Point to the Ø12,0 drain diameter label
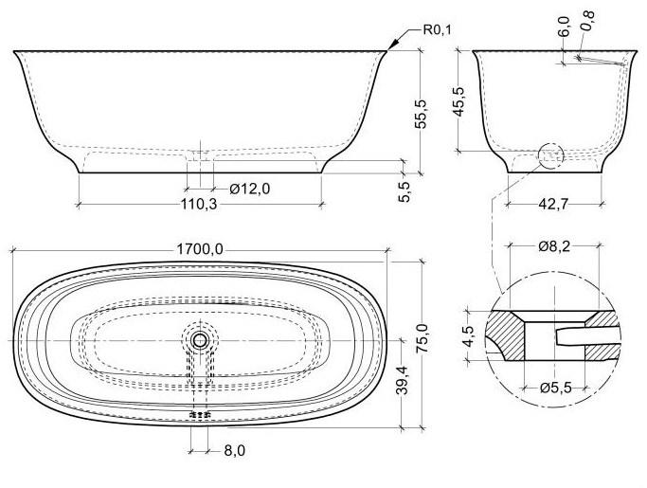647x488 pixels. pos(249,189)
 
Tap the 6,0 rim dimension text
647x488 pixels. pos(564,26)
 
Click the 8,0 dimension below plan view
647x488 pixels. pos(231,452)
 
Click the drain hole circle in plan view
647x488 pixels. pos(200,339)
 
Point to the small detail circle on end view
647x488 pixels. pos(549,157)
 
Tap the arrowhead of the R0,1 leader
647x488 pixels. pos(392,45)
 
